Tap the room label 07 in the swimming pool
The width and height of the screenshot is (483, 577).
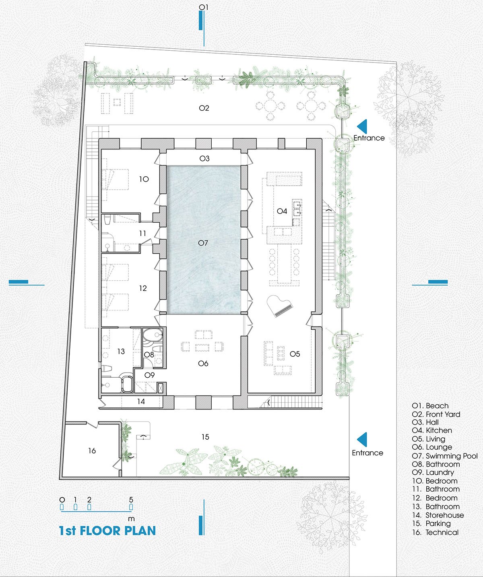click(x=203, y=243)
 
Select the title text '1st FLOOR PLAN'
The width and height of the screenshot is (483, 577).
click(x=107, y=531)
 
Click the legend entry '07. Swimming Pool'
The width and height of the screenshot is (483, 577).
click(x=445, y=456)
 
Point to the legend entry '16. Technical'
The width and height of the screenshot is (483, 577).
click(x=435, y=532)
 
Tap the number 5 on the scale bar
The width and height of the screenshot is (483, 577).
click(x=131, y=499)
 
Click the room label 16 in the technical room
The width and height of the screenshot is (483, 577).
click(x=92, y=451)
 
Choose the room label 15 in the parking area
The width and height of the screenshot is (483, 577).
click(x=205, y=437)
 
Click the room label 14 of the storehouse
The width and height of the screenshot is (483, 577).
click(x=141, y=401)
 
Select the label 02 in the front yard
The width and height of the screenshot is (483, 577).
click(x=204, y=108)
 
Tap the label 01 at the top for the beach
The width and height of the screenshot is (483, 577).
click(x=204, y=7)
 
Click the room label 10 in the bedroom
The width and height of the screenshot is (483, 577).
click(x=144, y=179)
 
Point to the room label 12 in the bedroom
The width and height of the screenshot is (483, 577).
click(x=143, y=288)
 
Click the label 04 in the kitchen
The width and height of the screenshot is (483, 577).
click(x=282, y=211)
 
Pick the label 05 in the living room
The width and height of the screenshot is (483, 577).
click(x=295, y=354)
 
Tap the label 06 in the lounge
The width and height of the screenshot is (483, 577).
click(x=203, y=363)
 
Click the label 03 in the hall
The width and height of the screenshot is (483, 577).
click(x=204, y=158)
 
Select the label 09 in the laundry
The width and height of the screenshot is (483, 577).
click(x=149, y=375)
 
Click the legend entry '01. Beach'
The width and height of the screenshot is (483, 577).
click(x=430, y=405)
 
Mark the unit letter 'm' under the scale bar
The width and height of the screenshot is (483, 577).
click(x=131, y=519)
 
